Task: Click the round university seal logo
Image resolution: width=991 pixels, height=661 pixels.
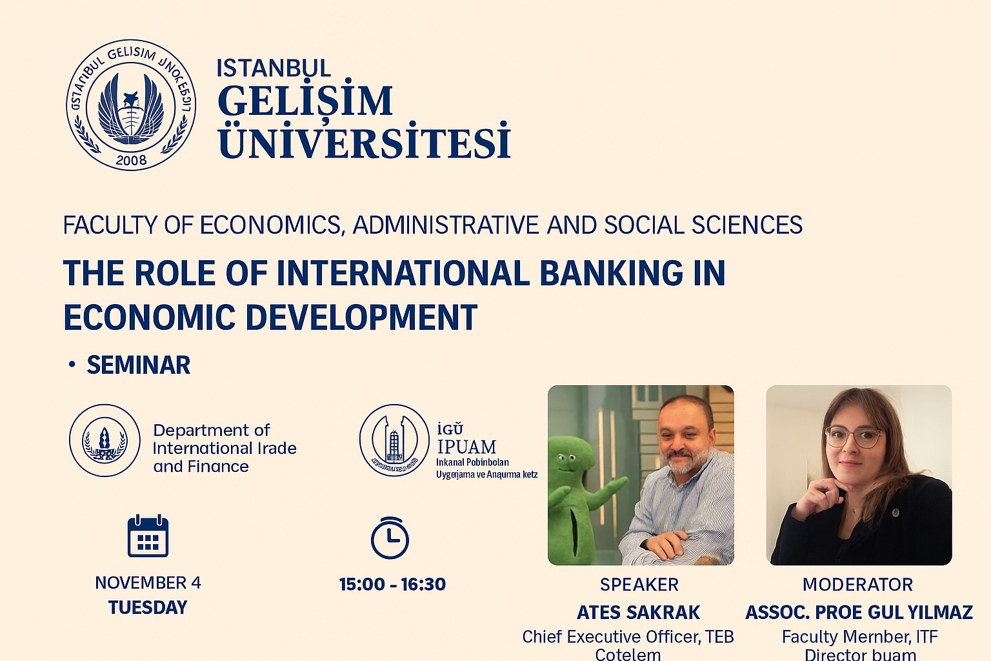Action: coord(131,105)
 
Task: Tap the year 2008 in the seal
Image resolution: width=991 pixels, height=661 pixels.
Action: coord(131,159)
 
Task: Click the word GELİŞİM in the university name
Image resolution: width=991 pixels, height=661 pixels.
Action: coord(305,101)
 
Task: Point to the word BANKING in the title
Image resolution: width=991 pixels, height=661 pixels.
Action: coord(610,273)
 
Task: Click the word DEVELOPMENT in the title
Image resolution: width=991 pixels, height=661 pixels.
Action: coord(361,318)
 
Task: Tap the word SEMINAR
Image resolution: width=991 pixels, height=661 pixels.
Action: coord(139,365)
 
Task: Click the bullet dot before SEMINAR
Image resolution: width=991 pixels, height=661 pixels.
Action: coord(72,365)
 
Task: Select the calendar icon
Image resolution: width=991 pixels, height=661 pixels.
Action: coord(148,536)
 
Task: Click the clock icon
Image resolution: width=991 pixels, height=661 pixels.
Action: coord(390,538)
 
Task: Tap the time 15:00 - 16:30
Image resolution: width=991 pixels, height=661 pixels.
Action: coord(392,585)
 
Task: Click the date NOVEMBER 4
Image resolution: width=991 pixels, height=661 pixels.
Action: coord(148,583)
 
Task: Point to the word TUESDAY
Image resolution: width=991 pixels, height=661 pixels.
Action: coord(148,608)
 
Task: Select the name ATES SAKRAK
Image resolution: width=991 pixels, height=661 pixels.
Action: coord(638,613)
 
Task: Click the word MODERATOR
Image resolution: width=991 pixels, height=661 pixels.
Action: coord(857,585)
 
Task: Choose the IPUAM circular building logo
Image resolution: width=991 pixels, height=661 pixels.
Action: coord(394,441)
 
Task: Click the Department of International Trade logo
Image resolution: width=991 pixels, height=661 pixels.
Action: coord(105,441)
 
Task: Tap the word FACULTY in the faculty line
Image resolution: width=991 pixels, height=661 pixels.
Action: coord(110,225)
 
